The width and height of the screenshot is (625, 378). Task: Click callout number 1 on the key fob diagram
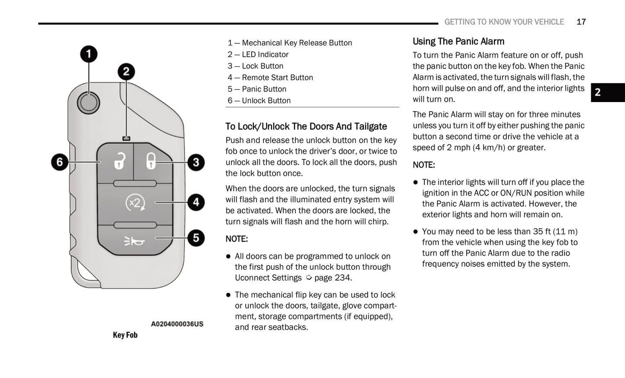click(x=89, y=54)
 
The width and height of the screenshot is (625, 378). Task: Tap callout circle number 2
click(x=126, y=72)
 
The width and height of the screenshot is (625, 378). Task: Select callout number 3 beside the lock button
click(x=196, y=163)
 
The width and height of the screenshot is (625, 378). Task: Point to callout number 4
click(x=196, y=202)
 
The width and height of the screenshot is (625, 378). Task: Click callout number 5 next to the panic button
click(x=196, y=238)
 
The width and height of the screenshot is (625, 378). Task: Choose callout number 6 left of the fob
click(x=60, y=163)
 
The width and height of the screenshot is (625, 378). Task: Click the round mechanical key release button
click(x=89, y=103)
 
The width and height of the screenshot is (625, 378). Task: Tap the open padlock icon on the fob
click(x=119, y=161)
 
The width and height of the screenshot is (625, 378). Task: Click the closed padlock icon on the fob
click(x=150, y=161)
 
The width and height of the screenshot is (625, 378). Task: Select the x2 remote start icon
click(x=135, y=202)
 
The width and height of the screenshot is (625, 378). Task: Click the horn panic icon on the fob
click(x=134, y=241)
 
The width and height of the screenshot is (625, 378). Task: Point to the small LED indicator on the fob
click(x=126, y=138)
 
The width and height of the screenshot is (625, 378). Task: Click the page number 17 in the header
click(x=581, y=22)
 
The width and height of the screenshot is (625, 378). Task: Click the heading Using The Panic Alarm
click(x=458, y=42)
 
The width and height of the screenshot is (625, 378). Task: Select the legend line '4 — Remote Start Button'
click(x=270, y=77)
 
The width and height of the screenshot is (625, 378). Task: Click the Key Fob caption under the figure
click(x=125, y=335)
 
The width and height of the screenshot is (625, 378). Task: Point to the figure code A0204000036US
click(x=177, y=324)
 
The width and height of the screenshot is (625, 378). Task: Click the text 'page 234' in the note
click(x=332, y=278)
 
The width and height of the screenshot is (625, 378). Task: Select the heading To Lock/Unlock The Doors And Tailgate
click(x=306, y=126)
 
